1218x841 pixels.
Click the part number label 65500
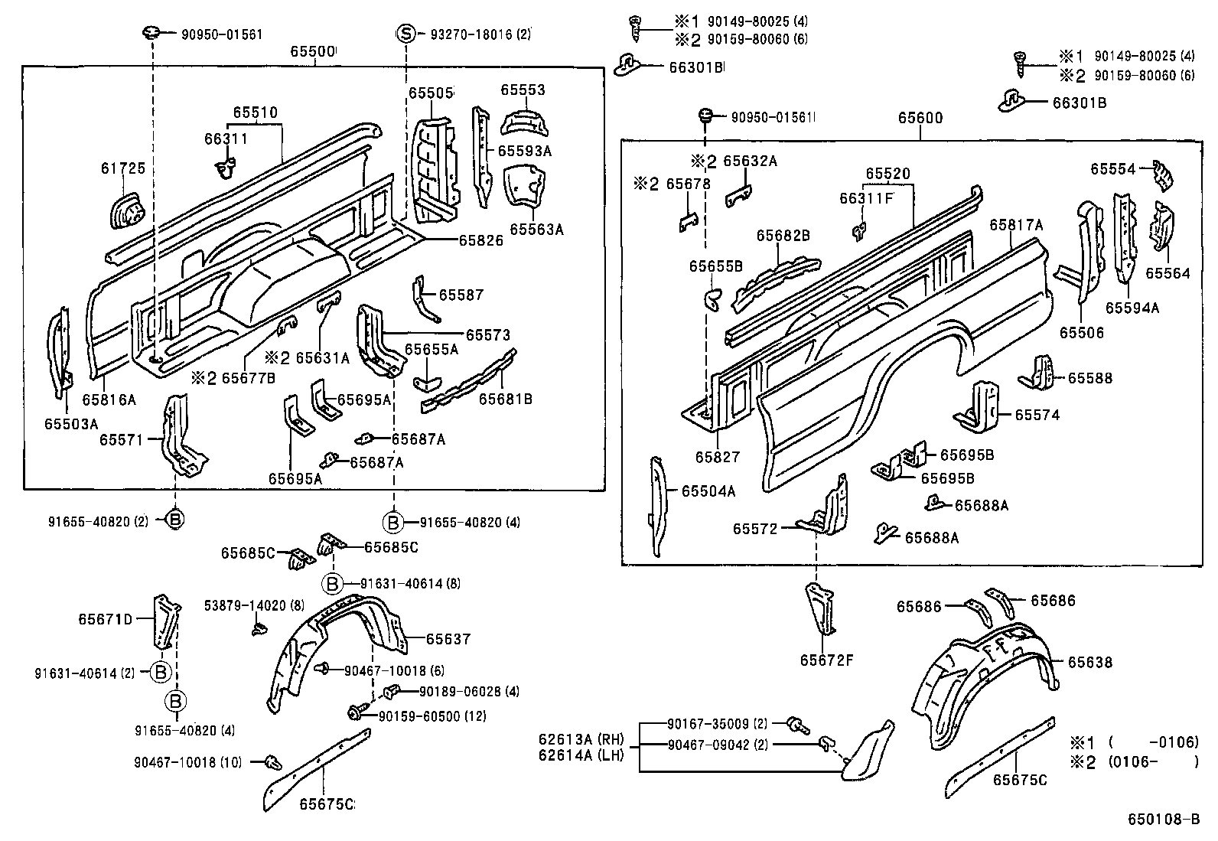tap(311, 52)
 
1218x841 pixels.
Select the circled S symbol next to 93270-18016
tap(406, 34)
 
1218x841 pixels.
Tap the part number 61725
tap(122, 168)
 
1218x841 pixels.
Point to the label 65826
tap(480, 240)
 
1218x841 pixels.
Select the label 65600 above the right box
tap(920, 118)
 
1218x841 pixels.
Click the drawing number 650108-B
tap(1164, 819)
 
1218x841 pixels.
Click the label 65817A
tap(1016, 225)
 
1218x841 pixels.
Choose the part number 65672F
tap(826, 659)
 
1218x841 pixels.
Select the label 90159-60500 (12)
tap(432, 716)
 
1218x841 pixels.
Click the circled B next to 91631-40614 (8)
tap(333, 584)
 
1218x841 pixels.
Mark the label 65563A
tap(536, 229)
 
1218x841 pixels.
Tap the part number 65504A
tap(708, 491)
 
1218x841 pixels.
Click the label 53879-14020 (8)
tap(254, 606)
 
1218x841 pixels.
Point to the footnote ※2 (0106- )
tap(1133, 761)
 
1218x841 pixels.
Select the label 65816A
tap(109, 399)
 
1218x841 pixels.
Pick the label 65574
tap(1037, 415)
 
